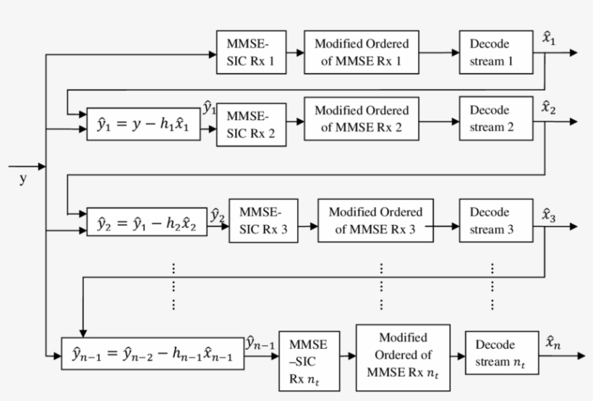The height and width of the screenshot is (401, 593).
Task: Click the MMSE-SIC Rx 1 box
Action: (250, 53)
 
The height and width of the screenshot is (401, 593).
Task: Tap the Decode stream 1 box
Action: (496, 52)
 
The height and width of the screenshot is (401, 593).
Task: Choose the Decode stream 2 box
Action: (496, 119)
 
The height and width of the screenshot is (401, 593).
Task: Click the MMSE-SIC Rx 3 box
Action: (263, 221)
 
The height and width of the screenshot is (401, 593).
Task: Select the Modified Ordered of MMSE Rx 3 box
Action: (375, 221)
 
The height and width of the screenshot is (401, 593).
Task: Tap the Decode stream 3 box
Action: (496, 221)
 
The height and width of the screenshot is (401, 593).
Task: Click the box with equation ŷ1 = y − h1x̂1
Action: (144, 125)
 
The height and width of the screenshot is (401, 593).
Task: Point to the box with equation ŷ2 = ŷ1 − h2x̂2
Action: (148, 222)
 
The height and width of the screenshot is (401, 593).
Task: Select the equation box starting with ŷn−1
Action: (153, 355)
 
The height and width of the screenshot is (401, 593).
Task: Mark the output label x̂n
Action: (553, 343)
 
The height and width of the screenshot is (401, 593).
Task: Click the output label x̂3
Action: (549, 214)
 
